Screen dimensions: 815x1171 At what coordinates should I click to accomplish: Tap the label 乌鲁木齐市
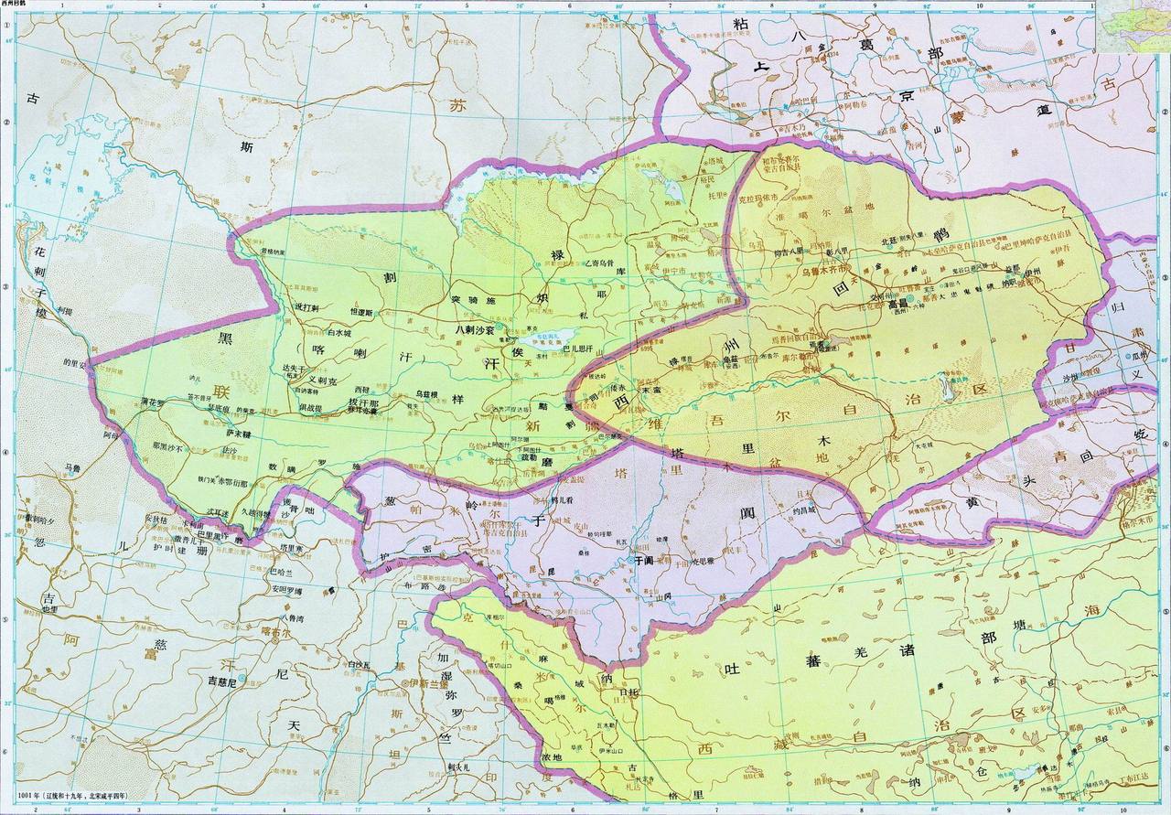(828, 271)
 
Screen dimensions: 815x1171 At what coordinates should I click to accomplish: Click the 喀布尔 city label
(274, 631)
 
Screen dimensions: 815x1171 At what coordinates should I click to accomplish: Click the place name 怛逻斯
(364, 313)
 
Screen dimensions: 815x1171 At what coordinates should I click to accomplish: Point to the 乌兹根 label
(428, 393)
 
